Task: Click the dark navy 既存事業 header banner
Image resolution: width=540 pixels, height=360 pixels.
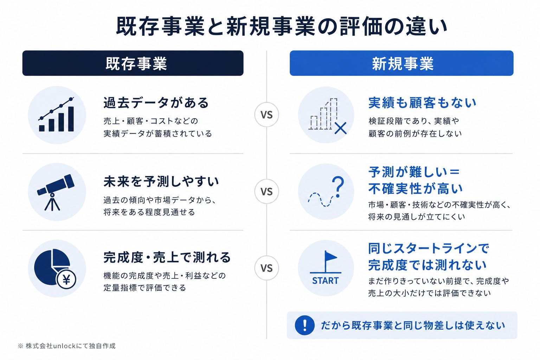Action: pyautogui.click(x=133, y=63)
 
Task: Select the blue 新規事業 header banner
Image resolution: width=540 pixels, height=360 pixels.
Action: pyautogui.click(x=401, y=63)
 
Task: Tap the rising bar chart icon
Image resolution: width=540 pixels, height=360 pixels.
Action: pyautogui.click(x=56, y=115)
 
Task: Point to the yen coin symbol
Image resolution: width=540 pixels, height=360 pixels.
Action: pyautogui.click(x=66, y=279)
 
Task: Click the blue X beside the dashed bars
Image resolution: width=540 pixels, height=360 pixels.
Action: pyautogui.click(x=341, y=128)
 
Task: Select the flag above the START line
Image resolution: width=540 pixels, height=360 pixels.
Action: pyautogui.click(x=330, y=261)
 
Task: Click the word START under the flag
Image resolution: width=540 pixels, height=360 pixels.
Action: pyautogui.click(x=325, y=281)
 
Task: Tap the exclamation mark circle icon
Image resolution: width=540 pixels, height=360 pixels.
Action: pyautogui.click(x=305, y=325)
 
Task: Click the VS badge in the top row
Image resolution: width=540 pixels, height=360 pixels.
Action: pyautogui.click(x=266, y=115)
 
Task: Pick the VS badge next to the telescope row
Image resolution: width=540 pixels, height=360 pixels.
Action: pyautogui.click(x=266, y=192)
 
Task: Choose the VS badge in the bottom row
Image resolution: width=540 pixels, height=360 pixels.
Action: pyautogui.click(x=266, y=268)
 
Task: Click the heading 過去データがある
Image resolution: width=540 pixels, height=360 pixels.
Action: pyautogui.click(x=156, y=103)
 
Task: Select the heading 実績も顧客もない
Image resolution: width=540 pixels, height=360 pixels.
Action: pyautogui.click(x=422, y=103)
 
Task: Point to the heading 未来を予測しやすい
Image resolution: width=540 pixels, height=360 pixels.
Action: pyautogui.click(x=161, y=181)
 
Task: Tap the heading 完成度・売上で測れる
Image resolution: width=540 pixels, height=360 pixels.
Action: pyautogui.click(x=167, y=257)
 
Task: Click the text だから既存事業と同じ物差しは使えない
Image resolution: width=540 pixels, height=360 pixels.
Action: pyautogui.click(x=413, y=325)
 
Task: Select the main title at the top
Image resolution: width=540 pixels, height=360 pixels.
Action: pyautogui.click(x=282, y=26)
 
